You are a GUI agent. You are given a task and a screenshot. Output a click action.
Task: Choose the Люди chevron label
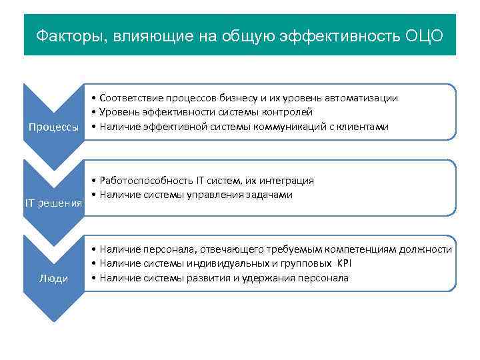pyautogui.click(x=53, y=278)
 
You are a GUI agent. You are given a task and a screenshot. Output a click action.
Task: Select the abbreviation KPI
pyautogui.click(x=343, y=263)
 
